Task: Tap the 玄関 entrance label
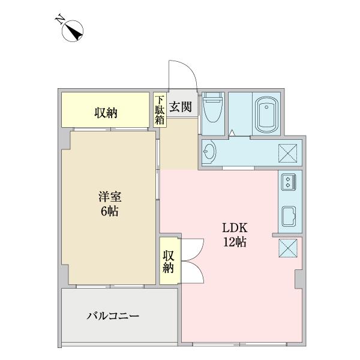pos(180,108)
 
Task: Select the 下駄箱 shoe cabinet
pos(160,110)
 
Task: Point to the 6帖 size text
pos(110,211)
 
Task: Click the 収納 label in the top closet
pos(105,113)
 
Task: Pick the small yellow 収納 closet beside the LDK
pos(167,260)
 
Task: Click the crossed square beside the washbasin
pos(286,153)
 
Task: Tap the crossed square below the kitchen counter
pos(286,247)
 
